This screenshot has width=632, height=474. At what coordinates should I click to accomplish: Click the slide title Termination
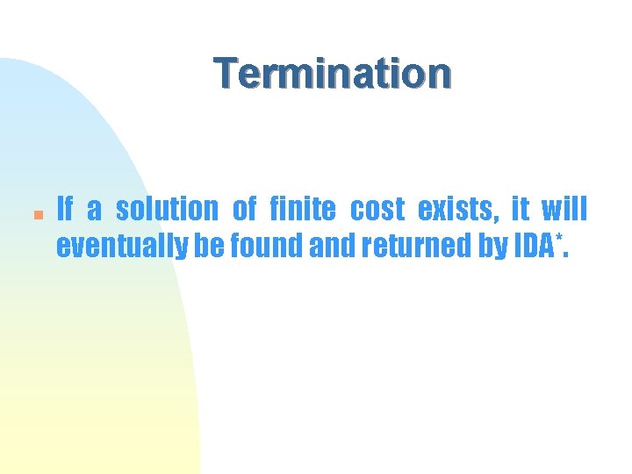tap(333, 74)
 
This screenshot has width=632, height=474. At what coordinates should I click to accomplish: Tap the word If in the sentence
tap(65, 210)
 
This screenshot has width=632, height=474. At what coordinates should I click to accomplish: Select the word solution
tap(167, 210)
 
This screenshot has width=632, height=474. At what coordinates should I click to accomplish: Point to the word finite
tap(302, 210)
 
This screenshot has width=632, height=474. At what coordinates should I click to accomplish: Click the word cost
tap(377, 210)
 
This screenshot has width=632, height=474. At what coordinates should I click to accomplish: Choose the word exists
tap(456, 210)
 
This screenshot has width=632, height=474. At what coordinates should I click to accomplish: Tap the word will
tap(564, 210)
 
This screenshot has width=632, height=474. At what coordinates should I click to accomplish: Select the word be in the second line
tap(209, 247)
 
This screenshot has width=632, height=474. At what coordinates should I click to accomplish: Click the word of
tap(245, 210)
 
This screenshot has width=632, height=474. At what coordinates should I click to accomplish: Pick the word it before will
tap(520, 210)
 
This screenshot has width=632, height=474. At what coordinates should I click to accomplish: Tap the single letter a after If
tap(95, 212)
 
